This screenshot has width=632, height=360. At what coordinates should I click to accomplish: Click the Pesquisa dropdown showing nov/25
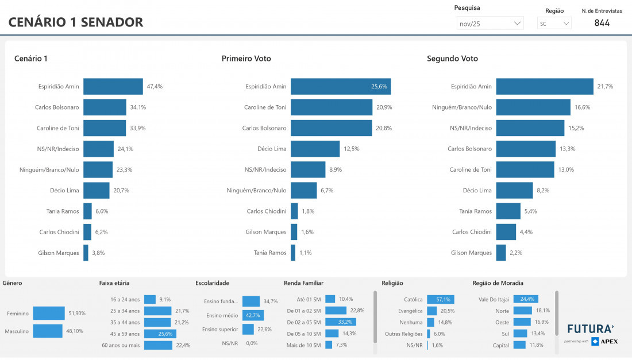point(490,24)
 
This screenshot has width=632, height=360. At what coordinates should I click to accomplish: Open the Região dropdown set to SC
point(554,24)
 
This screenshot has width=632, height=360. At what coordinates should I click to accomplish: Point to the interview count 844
point(602,23)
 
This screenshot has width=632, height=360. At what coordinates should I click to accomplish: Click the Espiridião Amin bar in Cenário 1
point(113,87)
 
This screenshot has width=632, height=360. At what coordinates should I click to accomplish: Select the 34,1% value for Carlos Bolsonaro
point(138,107)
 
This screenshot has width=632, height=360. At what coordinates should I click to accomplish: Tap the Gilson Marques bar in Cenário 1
point(86,253)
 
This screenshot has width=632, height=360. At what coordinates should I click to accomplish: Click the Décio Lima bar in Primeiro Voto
point(315,149)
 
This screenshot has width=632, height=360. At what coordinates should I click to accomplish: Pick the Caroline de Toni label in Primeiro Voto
point(265,107)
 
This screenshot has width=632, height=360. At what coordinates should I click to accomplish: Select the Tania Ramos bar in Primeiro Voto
point(293,253)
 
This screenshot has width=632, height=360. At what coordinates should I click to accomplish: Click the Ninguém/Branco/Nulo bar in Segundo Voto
point(533,107)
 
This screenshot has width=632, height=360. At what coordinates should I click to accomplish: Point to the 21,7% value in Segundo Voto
point(605,87)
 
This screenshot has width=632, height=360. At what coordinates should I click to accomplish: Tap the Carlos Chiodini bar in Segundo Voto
point(506,232)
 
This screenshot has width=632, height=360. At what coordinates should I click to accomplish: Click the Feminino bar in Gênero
point(49,313)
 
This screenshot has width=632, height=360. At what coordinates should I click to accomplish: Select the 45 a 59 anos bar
point(160,334)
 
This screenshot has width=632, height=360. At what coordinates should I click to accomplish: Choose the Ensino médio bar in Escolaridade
point(253,315)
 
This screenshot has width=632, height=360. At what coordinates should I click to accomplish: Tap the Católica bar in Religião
point(440,299)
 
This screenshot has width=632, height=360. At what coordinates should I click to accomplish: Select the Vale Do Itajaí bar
point(525,299)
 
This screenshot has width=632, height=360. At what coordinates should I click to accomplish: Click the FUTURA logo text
point(590,329)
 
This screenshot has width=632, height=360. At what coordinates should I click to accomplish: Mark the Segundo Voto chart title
point(452,59)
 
